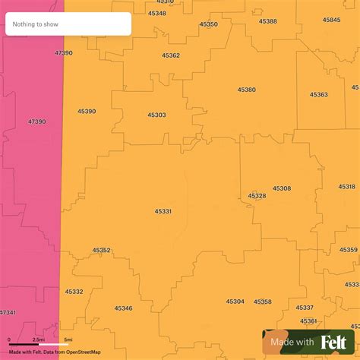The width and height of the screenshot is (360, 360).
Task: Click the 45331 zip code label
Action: (x=163, y=211)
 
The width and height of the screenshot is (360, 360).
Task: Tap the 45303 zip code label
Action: (x=156, y=115)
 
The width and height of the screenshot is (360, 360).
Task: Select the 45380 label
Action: (x=246, y=90)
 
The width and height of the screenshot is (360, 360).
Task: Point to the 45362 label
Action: (x=171, y=55)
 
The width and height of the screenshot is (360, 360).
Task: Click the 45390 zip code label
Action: (x=87, y=111)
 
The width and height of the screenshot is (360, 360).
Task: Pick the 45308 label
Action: (x=282, y=188)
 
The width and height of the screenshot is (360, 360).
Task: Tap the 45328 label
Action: (x=257, y=196)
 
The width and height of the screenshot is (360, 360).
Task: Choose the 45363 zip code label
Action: (x=318, y=94)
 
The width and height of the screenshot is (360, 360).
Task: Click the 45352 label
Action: (x=101, y=250)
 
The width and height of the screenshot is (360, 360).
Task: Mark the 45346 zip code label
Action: (x=123, y=308)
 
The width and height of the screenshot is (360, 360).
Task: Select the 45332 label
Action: (x=74, y=292)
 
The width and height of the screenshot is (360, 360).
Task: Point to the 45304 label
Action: (x=235, y=302)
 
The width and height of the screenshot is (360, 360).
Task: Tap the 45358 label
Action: (x=263, y=302)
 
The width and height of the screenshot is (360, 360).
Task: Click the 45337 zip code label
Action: (x=305, y=308)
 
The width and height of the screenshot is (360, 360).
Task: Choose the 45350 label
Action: (x=209, y=24)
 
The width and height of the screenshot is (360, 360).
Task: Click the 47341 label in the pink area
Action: (x=7, y=312)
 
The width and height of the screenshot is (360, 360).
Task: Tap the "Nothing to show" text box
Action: (x=68, y=24)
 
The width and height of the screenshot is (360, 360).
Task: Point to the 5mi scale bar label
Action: (x=68, y=339)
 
